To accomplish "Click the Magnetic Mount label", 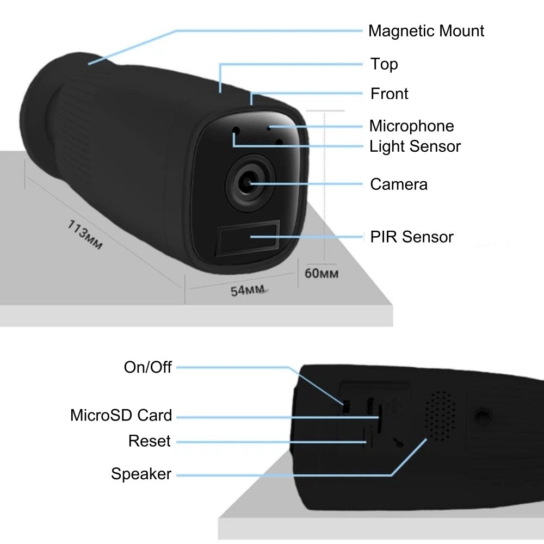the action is point(426,31).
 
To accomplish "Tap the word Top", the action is point(384,64).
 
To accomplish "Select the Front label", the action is point(390,94).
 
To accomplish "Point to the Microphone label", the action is point(411,126).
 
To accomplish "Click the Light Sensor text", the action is point(415,146).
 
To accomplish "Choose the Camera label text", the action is point(399,184).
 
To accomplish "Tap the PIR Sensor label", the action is point(412,237).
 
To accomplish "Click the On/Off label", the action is point(148,367).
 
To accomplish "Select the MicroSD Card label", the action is point(121,415).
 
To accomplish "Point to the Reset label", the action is point(150,441).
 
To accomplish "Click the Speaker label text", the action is point(141,474).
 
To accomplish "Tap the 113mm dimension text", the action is point(85,234).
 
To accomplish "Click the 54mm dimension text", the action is point(248,290).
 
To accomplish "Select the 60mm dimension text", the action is point(322,274).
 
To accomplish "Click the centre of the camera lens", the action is point(248,182).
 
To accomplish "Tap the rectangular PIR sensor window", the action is point(248,238).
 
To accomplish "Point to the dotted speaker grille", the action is point(440,416).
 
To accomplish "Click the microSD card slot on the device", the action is point(379,418).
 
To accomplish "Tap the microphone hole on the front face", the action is point(269,128).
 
